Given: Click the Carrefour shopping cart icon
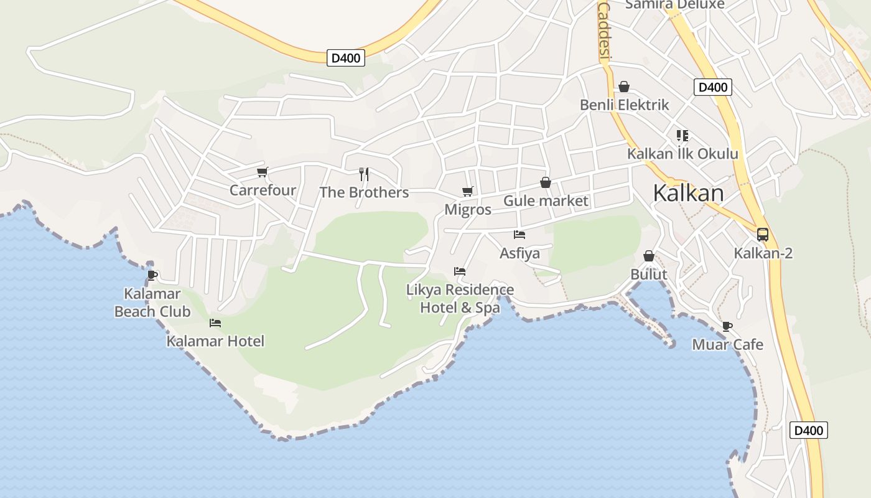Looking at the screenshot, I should pos(262,172).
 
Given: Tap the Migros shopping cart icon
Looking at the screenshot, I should pos(467,191).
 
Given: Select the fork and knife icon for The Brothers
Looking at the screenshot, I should pos(364,174).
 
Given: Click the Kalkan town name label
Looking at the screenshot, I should pos(688,194).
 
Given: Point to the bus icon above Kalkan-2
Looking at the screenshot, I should pos(763,235).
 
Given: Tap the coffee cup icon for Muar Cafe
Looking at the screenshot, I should pos(727,326).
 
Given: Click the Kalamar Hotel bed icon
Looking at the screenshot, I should pos(215,323).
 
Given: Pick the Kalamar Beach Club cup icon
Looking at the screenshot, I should pos(152,275).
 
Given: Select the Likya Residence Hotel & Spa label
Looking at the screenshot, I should pos(460,299).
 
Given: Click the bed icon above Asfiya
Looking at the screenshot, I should pos(519,235).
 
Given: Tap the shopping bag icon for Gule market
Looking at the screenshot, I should pos(546,182).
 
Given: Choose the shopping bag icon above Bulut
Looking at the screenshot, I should pos(649,256).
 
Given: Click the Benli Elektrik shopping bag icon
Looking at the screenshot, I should pos(624,87).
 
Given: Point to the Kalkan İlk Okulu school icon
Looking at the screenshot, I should pos(682,136).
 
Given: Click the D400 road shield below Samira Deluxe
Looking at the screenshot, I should pos(713,87).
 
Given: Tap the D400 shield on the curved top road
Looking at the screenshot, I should pos(346,59).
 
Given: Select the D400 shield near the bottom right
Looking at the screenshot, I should pos(809,430).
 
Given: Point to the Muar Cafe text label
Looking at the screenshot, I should pos(728,345).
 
